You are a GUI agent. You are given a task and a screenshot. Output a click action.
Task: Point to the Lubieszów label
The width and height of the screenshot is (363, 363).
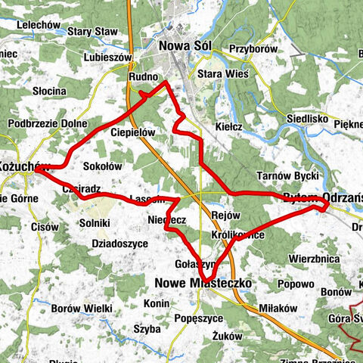[x=108, y=57]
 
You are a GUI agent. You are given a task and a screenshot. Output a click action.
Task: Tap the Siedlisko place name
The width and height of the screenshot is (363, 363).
[x=306, y=119]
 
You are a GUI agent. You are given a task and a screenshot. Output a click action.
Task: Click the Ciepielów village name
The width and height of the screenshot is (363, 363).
[x=132, y=132]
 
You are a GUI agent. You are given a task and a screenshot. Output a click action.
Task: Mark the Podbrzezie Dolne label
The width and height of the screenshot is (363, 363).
[x=48, y=124]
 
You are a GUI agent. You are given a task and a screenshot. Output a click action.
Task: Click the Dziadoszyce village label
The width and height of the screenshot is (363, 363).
[x=119, y=244]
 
